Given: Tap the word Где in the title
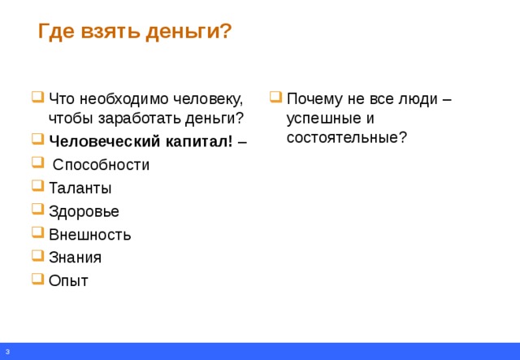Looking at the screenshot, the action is coord(56,33).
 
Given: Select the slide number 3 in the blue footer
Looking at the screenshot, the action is coord(7,352).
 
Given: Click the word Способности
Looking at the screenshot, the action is coord(101,165).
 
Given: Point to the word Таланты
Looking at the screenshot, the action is coord(80,188).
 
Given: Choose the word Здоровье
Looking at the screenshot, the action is coord(84,211).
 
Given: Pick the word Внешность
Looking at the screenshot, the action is coord(90,235).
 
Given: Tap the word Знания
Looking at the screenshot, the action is coord(75,258).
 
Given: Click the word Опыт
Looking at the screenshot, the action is coord(68,280).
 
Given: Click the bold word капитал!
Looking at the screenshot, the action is coord(199,141).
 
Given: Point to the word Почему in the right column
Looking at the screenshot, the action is coord(314,99).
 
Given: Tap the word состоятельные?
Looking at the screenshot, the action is coord(347,137).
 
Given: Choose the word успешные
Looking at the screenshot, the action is coord(323,119).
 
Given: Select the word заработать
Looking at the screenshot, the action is coord(140,119).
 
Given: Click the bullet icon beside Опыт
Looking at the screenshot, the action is coord(38,279).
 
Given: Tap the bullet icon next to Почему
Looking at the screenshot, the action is coord(276,97).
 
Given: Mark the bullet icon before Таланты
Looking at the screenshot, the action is coord(38,186).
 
